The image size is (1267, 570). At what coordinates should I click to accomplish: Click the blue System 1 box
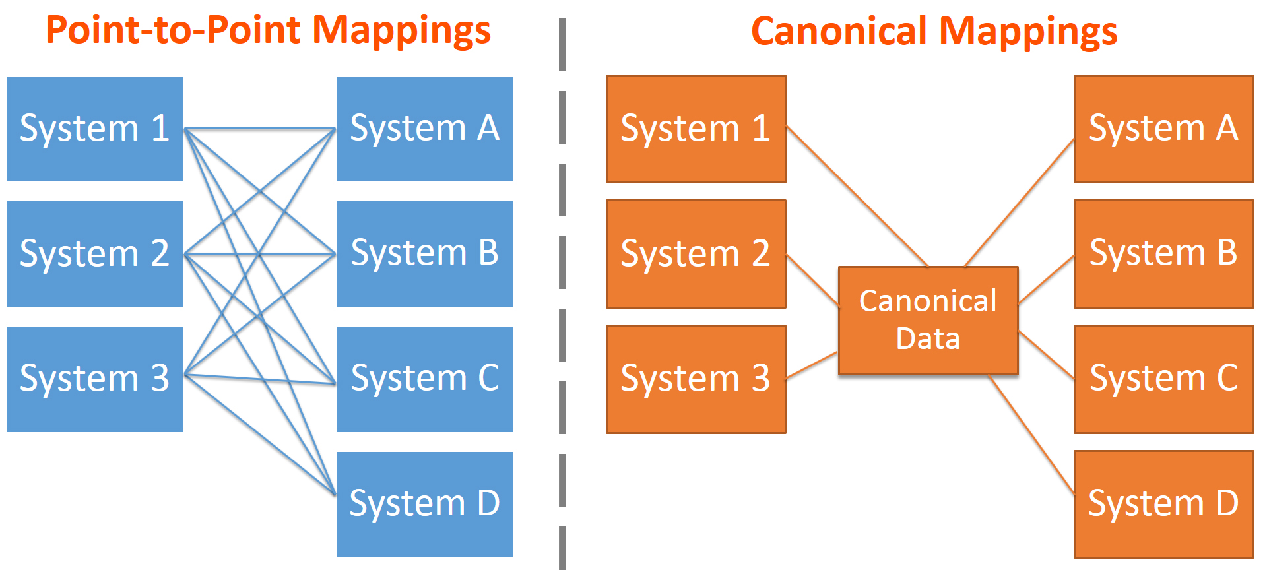[x=95, y=129]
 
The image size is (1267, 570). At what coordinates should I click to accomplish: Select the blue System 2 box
[x=95, y=253]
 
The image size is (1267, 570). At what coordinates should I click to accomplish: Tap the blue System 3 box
[x=95, y=379]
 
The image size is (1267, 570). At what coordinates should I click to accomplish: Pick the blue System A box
[x=424, y=129]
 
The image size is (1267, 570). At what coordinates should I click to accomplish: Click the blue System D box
[x=424, y=504]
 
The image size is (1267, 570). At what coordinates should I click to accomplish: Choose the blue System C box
[x=424, y=379]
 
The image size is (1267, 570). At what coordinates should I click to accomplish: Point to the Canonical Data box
[x=928, y=320]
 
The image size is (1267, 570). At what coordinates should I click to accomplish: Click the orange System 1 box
[x=696, y=129]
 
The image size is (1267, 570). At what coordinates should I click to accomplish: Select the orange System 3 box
[x=696, y=379]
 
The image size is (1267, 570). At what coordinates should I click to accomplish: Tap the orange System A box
[x=1163, y=129]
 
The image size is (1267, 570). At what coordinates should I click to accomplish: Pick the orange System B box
[x=1163, y=253]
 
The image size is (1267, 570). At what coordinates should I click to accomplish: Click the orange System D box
[x=1163, y=504]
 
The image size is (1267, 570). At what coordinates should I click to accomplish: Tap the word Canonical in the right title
[x=839, y=32]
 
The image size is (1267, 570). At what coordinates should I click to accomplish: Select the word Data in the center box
[x=928, y=339]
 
